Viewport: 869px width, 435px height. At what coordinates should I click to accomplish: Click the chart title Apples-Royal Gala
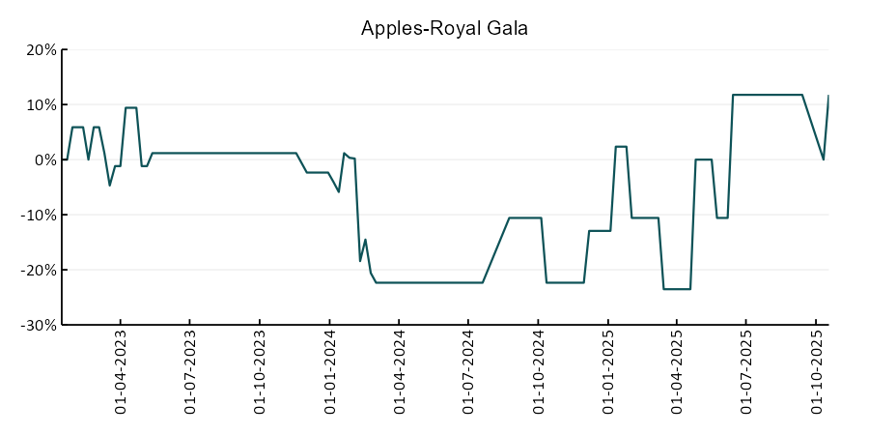(x=444, y=28)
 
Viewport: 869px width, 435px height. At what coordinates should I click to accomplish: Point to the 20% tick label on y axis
(x=39, y=50)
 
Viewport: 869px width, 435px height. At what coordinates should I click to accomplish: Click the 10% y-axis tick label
(x=39, y=105)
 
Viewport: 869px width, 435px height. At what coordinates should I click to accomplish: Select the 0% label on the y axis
(x=43, y=160)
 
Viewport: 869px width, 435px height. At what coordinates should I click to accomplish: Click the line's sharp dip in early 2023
(x=110, y=185)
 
